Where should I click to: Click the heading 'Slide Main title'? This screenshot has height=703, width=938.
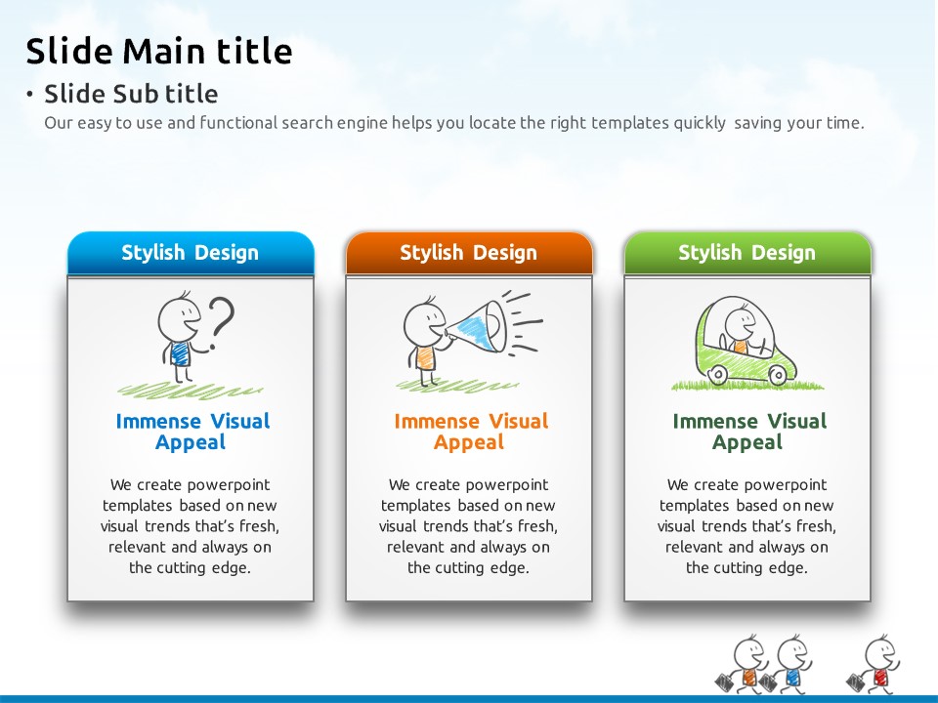(159, 50)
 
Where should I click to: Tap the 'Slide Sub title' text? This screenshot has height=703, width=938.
(131, 94)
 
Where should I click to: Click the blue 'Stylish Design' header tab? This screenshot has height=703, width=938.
(191, 253)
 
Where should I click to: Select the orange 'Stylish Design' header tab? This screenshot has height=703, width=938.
(469, 253)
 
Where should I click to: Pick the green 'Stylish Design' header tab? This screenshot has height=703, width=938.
(747, 253)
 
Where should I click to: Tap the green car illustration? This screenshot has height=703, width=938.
(746, 342)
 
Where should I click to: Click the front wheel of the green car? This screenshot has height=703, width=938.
(778, 375)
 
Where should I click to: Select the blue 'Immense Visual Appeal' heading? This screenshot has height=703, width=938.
(192, 432)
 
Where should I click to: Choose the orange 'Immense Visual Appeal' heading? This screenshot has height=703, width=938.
(471, 432)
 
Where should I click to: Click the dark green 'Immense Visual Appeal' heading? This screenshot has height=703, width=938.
(749, 432)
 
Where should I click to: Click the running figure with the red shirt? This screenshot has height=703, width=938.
(874, 664)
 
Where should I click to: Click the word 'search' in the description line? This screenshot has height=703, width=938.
(308, 123)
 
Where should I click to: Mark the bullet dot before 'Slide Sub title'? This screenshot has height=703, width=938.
(29, 94)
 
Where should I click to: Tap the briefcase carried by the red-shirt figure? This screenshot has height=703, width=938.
(857, 682)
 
